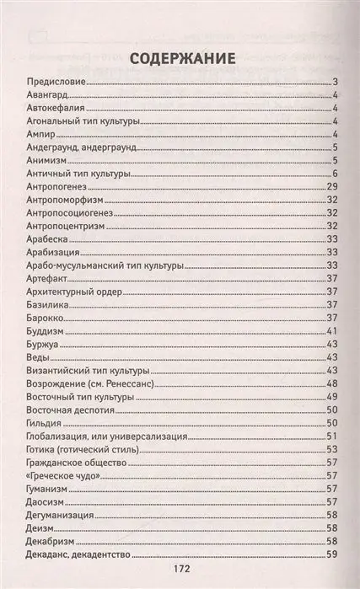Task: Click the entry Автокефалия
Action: tap(57, 108)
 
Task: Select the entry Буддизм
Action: tap(47, 332)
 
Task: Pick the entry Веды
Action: tap(38, 358)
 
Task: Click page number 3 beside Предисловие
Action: tap(335, 82)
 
